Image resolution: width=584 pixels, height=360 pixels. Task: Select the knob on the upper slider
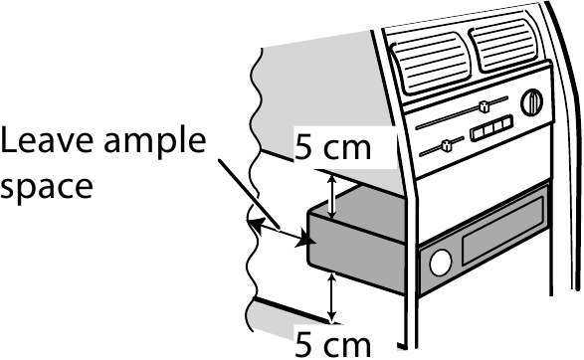(482, 106)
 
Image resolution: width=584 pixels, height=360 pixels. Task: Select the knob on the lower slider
(445, 147)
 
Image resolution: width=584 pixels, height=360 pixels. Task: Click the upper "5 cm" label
(333, 148)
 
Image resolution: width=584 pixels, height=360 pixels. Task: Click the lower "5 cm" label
(333, 344)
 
